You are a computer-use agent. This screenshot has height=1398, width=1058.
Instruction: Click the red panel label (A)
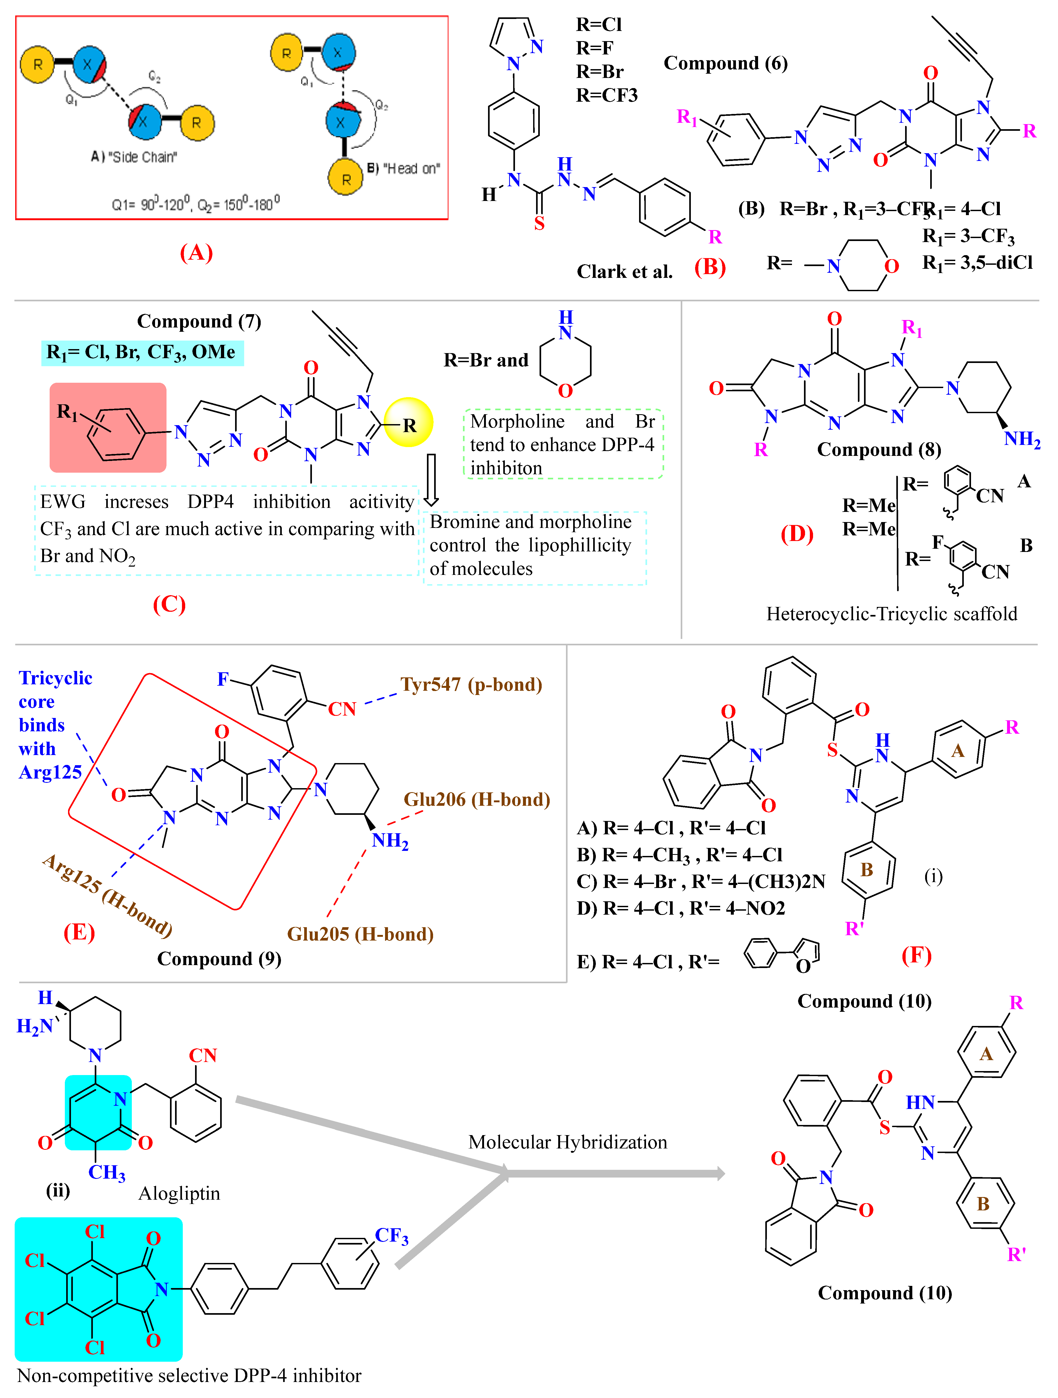point(196,253)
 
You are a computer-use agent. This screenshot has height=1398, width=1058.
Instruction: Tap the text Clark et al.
point(624,272)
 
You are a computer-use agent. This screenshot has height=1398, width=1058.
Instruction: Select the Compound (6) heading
point(726,63)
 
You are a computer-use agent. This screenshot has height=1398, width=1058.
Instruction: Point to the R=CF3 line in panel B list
point(607,96)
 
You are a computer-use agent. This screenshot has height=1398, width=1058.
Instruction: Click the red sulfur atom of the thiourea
point(539,223)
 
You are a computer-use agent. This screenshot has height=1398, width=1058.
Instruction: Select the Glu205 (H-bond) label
point(360,934)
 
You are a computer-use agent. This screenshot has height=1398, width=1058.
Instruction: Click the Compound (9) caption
point(219,959)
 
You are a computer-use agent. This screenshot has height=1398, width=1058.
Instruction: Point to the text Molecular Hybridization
point(568,1142)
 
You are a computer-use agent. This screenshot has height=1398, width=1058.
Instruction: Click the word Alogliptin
point(180,1193)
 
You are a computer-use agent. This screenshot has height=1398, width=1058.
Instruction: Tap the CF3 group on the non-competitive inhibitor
point(392,1235)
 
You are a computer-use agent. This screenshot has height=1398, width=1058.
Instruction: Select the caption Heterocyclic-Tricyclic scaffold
point(892,614)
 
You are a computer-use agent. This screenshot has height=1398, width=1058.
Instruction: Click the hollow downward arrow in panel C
point(431,480)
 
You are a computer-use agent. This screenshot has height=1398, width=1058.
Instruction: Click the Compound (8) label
point(879,449)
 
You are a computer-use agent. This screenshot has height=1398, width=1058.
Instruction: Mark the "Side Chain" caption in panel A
point(134,157)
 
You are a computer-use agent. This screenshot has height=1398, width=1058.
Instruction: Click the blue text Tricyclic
point(56,678)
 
